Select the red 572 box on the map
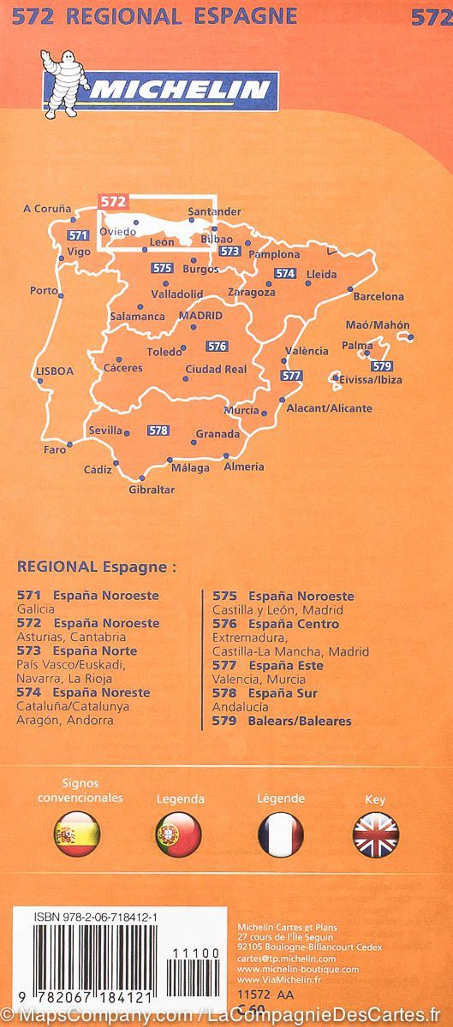click(x=113, y=202)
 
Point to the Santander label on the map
click(x=214, y=211)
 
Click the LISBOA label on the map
click(x=55, y=371)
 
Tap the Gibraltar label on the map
click(x=151, y=490)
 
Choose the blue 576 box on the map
click(x=217, y=346)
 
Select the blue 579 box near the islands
click(x=381, y=366)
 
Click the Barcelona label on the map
click(x=378, y=297)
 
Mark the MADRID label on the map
click(x=200, y=316)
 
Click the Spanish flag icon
click(x=77, y=834)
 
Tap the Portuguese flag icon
click(x=179, y=834)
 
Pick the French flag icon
click(x=281, y=834)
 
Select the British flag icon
click(x=376, y=834)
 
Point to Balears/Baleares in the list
click(x=300, y=721)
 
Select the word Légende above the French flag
click(x=281, y=798)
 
